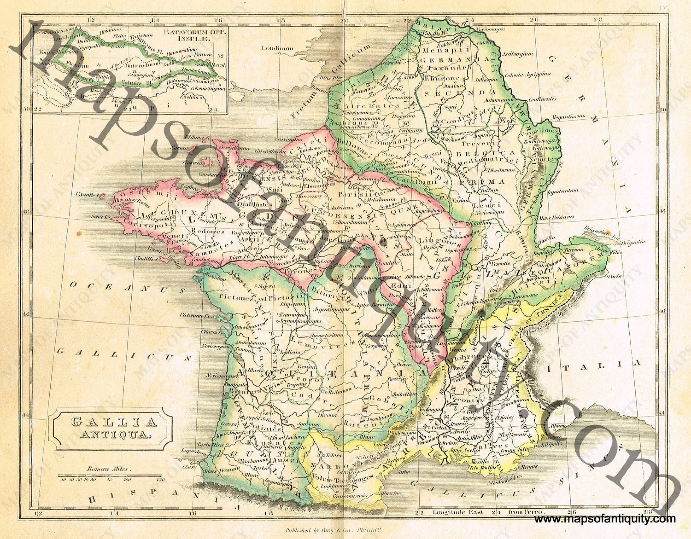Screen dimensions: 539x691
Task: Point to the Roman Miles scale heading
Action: pyautogui.click(x=108, y=469)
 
